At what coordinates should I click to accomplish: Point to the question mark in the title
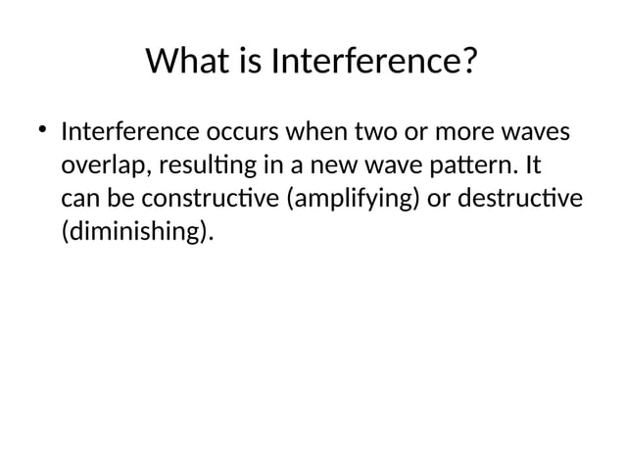click(x=467, y=64)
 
